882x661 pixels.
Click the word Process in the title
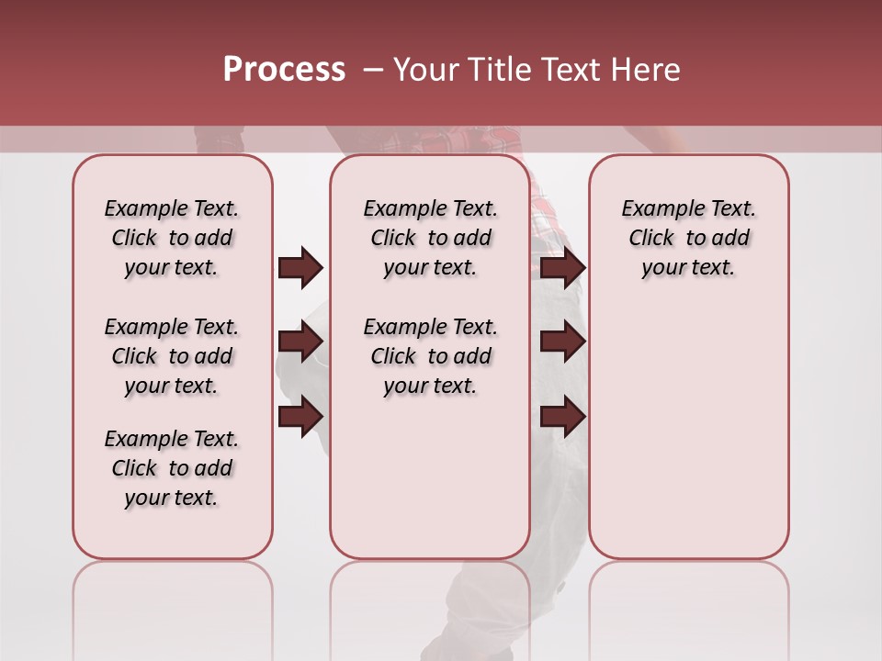point(284,70)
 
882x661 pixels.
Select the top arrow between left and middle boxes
point(300,267)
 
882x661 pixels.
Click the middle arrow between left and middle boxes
point(300,342)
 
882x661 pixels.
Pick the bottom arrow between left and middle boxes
point(300,417)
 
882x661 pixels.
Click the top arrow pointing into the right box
point(562,267)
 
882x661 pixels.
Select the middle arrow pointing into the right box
point(562,342)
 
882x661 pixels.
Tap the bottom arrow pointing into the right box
point(562,417)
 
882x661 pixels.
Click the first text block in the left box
point(172,238)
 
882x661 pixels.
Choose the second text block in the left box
point(172,356)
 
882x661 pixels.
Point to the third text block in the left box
point(172,468)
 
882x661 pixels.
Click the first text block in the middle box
point(430,238)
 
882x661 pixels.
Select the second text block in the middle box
point(430,356)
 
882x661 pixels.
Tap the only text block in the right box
point(688,238)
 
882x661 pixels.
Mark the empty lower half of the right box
point(688,431)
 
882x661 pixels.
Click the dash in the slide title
point(372,71)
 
